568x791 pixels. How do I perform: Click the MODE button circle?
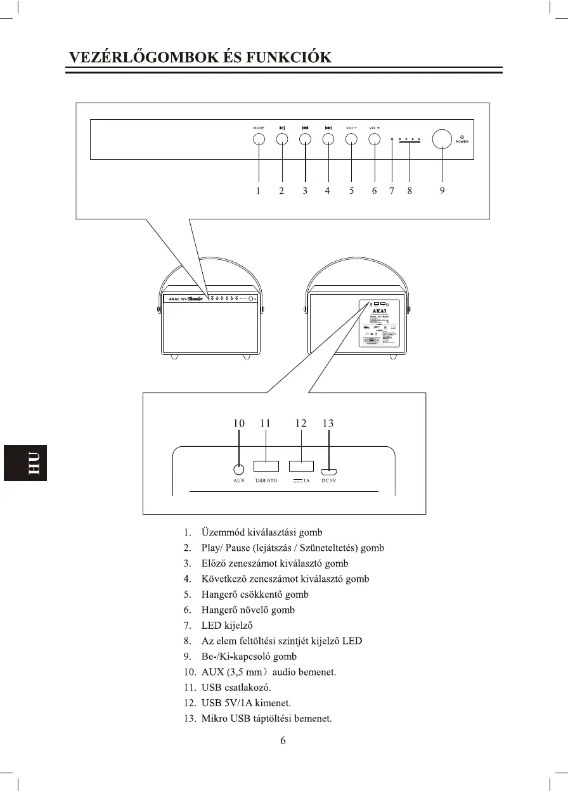coord(259,139)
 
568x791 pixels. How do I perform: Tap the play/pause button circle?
coord(282,139)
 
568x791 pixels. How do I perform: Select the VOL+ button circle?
coord(374,139)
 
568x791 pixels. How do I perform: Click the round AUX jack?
coord(238,470)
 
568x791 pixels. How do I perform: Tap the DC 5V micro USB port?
coord(328,472)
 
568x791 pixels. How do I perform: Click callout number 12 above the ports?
coord(301,423)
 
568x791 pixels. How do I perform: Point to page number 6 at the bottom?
coord(283,740)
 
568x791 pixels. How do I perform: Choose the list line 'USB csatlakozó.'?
coord(236,687)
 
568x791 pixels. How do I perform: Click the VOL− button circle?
coord(351,139)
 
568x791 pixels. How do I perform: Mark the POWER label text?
coord(461,142)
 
